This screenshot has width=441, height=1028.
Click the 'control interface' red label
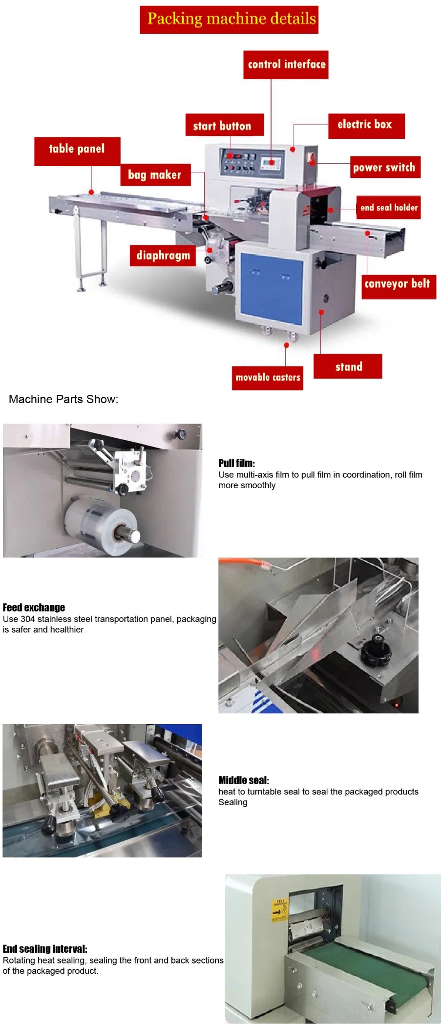click(x=286, y=64)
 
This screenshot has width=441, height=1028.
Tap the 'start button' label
click(x=224, y=125)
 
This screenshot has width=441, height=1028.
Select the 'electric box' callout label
click(x=366, y=126)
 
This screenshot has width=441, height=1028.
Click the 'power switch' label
click(x=385, y=167)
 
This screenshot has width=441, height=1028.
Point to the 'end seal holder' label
click(x=389, y=207)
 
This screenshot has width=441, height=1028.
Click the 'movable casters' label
click(x=267, y=378)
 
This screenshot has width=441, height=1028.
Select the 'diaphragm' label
click(x=163, y=255)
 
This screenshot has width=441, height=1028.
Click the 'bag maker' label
click(x=155, y=174)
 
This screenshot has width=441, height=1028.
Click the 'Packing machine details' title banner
click(x=229, y=20)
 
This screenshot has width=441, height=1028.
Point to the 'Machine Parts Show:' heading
click(x=63, y=399)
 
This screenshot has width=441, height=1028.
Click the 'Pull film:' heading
click(x=236, y=463)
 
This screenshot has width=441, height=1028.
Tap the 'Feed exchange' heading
click(x=34, y=607)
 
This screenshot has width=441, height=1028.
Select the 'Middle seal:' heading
click(x=244, y=780)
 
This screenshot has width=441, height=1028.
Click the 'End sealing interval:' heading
click(x=45, y=949)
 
